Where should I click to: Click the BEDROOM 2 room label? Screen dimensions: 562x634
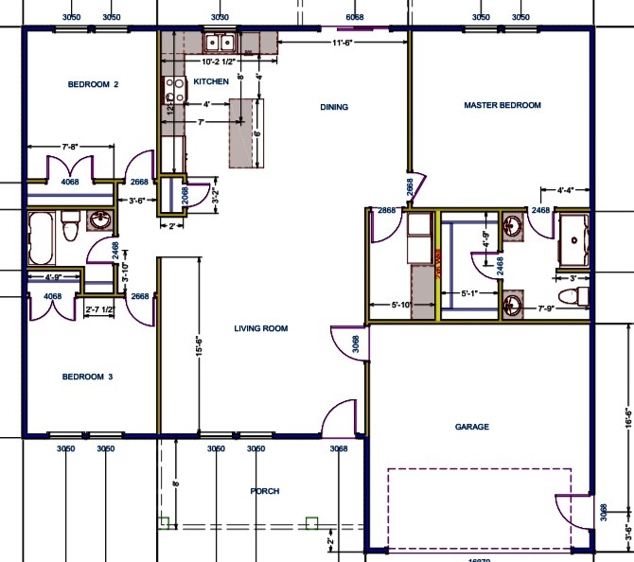tap(93, 84)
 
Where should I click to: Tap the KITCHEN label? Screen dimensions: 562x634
tap(210, 81)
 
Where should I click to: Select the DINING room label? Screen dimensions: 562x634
tap(334, 107)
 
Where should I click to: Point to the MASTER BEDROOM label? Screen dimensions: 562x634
tap(502, 105)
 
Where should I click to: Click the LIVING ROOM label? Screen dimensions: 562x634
tap(261, 328)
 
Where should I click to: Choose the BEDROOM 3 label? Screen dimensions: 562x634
tap(87, 377)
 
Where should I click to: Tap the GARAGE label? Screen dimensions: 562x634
tap(472, 427)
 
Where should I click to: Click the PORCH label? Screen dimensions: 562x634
tap(265, 491)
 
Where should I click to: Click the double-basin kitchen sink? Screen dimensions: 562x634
tap(220, 42)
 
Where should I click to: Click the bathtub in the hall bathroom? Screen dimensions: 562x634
tap(43, 237)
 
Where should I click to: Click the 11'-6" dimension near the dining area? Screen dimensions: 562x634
tap(343, 43)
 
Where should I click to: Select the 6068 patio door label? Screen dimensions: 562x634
tap(355, 17)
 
